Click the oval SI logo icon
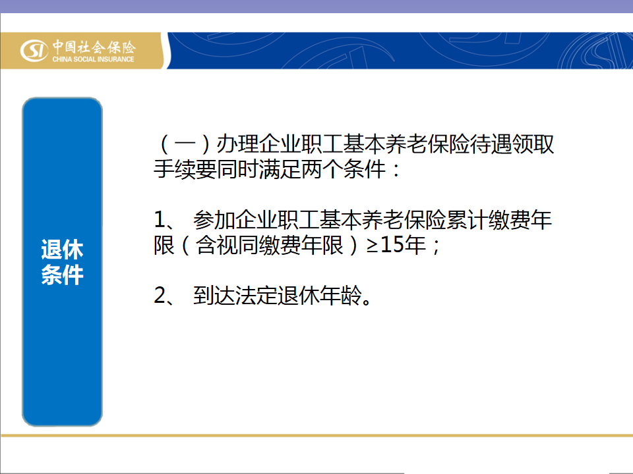34,51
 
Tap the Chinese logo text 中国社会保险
94,47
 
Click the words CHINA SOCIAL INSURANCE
93,59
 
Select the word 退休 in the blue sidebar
62,249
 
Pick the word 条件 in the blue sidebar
62,275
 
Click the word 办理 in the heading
237,144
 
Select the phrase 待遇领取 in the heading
512,144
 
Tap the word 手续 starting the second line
174,169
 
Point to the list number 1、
164,220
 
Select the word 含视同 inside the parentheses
227,245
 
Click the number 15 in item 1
392,245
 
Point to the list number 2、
164,296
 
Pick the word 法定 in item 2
256,296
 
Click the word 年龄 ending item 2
340,296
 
